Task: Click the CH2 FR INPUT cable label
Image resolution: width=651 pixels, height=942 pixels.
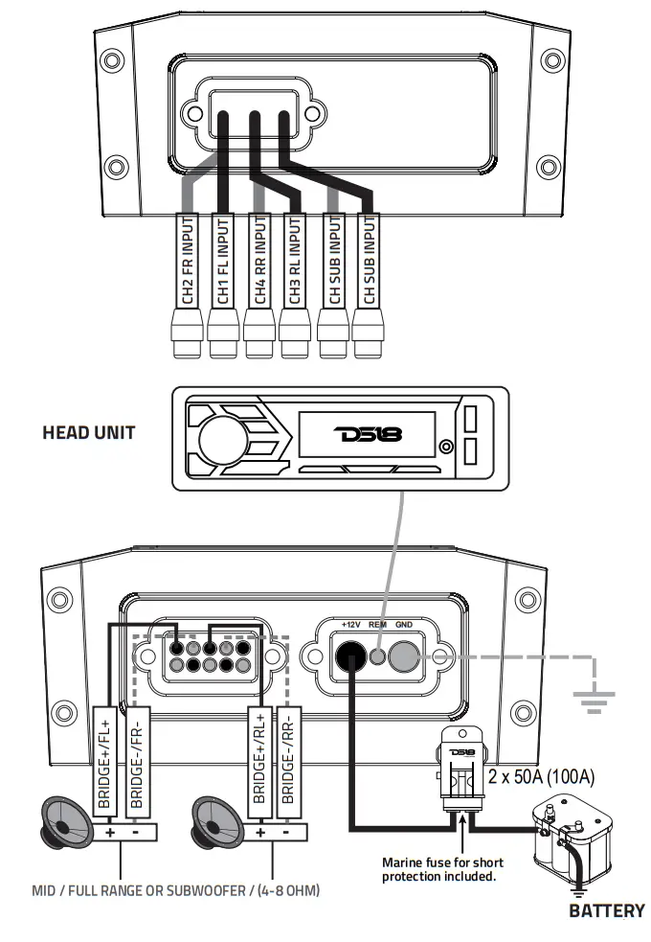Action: [187, 261]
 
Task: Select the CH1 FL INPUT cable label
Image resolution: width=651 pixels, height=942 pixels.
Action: [223, 261]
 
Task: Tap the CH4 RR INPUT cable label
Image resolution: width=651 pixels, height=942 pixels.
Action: [258, 261]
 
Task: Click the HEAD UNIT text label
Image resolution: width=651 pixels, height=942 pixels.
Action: [88, 432]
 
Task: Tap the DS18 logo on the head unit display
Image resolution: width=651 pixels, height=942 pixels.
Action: [369, 434]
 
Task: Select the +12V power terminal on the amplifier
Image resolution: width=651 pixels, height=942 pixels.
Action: [349, 656]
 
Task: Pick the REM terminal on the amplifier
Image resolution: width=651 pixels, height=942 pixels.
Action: [379, 656]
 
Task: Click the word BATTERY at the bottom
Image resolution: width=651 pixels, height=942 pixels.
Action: [606, 910]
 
